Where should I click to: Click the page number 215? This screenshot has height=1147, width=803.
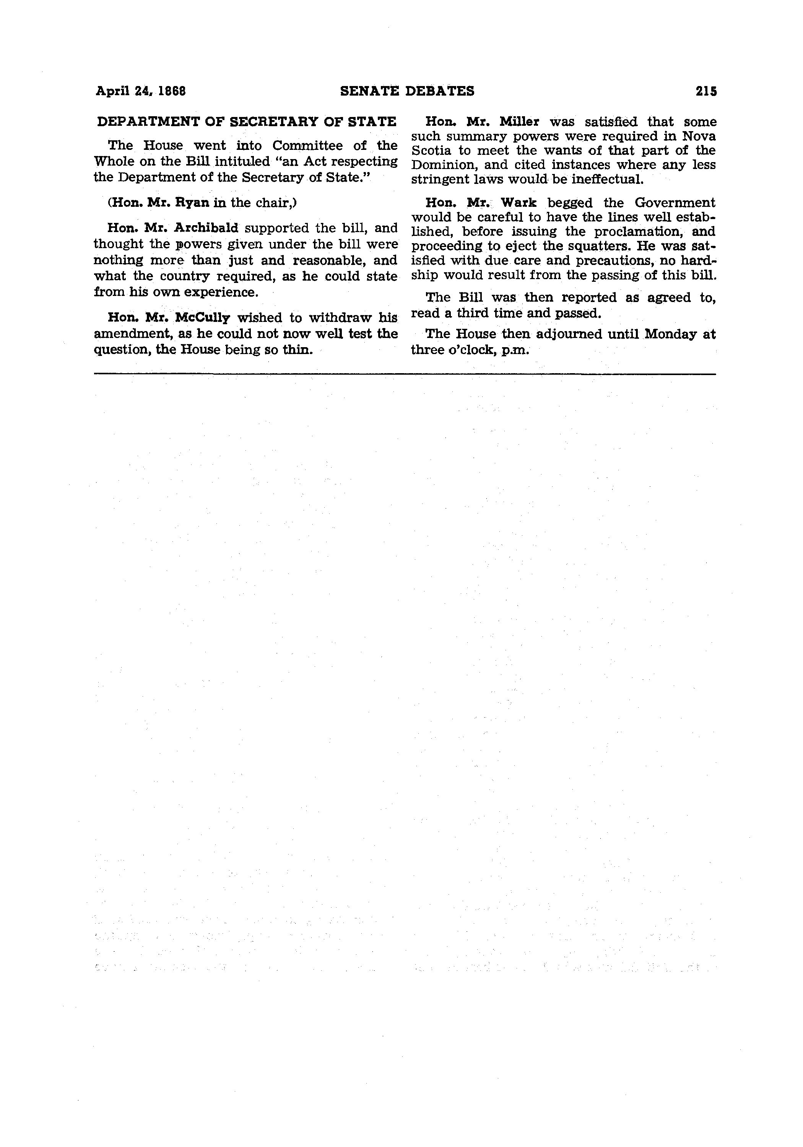(705, 91)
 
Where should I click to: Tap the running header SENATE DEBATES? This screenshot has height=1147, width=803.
(407, 91)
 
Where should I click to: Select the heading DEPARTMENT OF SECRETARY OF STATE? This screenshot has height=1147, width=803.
(246, 122)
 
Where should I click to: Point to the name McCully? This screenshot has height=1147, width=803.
(202, 318)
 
